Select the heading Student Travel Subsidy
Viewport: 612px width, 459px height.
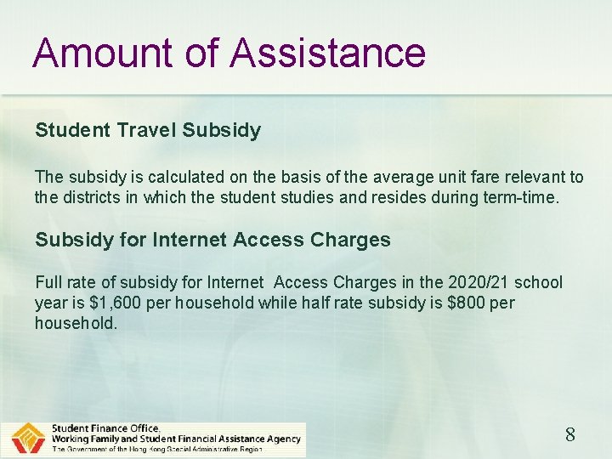click(148, 130)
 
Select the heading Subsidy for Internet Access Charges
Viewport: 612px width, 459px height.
click(212, 240)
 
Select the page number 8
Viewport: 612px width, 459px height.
click(570, 435)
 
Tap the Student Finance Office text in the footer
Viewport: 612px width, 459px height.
click(105, 428)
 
